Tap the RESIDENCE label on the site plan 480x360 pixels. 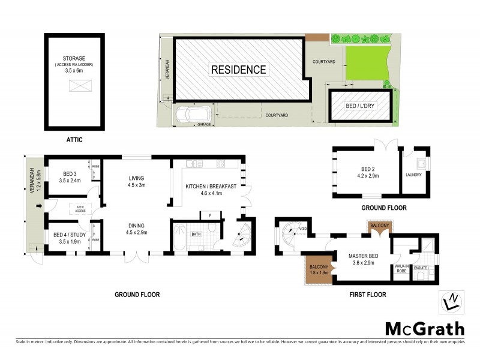pyautogui.click(x=238, y=70)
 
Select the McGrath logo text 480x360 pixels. pyautogui.click(x=424, y=328)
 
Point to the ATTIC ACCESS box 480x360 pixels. pyautogui.click(x=78, y=208)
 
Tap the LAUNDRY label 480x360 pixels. pyautogui.click(x=415, y=175)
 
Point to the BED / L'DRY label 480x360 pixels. pyautogui.click(x=359, y=106)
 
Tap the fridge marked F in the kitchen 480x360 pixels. pyautogui.click(x=210, y=215)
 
